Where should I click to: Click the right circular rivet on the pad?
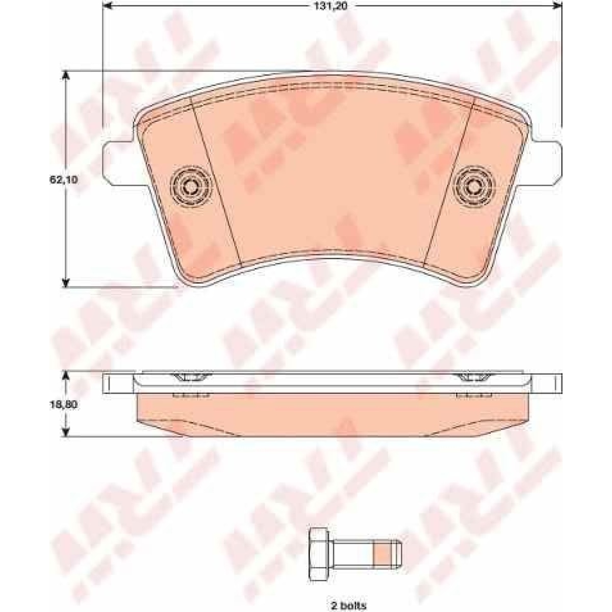tap(475, 186)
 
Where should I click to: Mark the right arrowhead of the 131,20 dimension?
tap(556, 6)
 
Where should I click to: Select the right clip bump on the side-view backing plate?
tap(474, 377)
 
